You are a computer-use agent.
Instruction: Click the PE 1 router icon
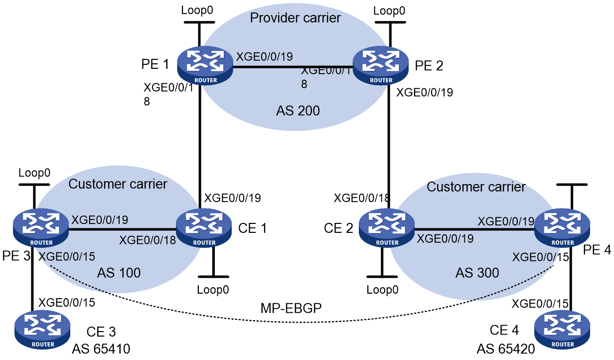tap(205, 65)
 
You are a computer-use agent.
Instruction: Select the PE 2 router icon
tap(380, 65)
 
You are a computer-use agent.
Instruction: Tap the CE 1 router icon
tap(204, 228)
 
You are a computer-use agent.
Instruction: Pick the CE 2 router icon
tap(387, 228)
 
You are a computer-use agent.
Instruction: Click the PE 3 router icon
tap(41, 228)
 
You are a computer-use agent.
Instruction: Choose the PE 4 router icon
tap(562, 228)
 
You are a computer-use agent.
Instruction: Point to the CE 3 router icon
tap(42, 330)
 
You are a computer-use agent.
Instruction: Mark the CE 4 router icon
tap(562, 330)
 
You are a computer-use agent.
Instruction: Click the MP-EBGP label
tap(291, 308)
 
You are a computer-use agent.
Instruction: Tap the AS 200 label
tap(298, 111)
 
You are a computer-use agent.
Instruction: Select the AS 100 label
tap(119, 273)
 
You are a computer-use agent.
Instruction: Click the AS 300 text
tap(477, 273)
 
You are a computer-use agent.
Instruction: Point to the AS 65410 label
tap(101, 349)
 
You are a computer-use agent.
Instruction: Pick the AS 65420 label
tap(506, 349)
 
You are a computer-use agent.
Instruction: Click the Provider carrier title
tap(295, 18)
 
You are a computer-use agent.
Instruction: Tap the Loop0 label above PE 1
tap(197, 10)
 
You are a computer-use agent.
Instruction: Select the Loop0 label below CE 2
tap(382, 290)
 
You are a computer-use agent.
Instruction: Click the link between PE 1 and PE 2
tap(293, 67)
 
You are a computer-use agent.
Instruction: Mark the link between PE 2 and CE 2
tap(389, 147)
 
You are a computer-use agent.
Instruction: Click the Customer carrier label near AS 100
tap(118, 184)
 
